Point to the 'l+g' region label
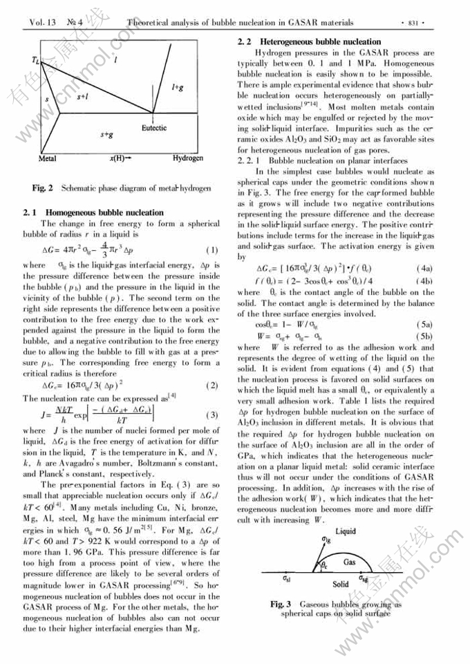[x=177, y=87]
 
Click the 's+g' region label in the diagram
[x=106, y=135]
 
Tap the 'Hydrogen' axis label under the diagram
[x=188, y=158]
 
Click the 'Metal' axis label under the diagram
[x=48, y=158]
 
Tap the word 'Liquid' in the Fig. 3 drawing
[x=345, y=531]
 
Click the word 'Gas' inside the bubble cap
[x=350, y=562]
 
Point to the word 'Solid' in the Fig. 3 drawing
[x=341, y=584]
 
